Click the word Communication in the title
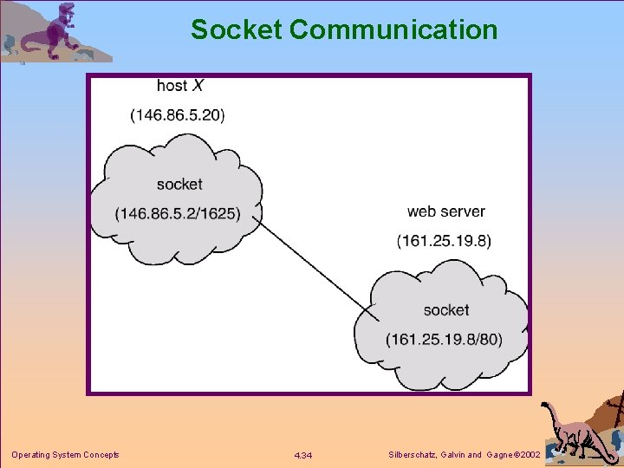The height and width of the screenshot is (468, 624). (x=393, y=29)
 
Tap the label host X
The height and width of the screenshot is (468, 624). (x=179, y=85)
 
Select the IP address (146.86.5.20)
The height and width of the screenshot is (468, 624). (x=178, y=114)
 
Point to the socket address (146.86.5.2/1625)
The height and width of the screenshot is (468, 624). (x=178, y=213)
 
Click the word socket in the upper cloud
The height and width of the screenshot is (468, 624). (x=179, y=184)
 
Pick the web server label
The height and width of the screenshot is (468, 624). (x=445, y=211)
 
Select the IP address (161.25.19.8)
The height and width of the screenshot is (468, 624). (x=444, y=241)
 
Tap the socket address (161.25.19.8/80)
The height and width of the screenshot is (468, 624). (x=445, y=339)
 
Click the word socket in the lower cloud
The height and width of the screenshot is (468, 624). (x=446, y=309)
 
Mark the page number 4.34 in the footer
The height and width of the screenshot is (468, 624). (x=303, y=456)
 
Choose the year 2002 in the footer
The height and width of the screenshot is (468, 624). (x=528, y=455)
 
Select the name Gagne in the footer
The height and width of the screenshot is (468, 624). (x=497, y=455)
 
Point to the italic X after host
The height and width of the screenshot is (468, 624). (x=198, y=85)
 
